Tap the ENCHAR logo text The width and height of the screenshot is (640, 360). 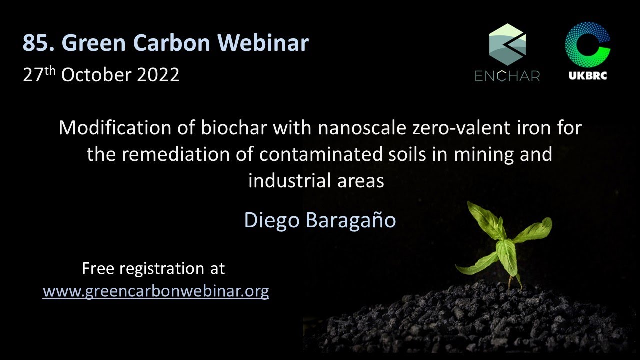507,76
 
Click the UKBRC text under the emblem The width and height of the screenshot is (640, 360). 588,76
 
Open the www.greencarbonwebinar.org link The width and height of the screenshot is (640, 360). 156,291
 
